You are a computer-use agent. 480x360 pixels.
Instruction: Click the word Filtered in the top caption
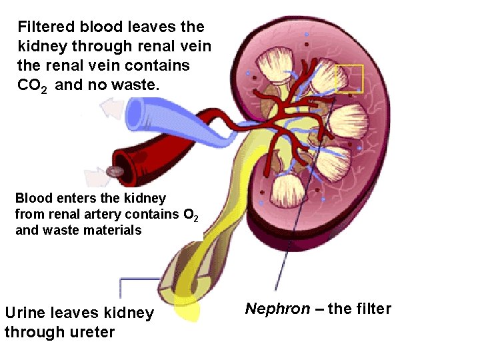pos(46,27)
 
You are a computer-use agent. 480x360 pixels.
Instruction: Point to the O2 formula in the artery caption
pos(189,215)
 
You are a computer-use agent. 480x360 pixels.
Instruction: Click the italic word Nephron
pos(277,309)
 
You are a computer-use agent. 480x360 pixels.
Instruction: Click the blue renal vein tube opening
pos(135,112)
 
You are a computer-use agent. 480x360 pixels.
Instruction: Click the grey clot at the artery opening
pos(115,172)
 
